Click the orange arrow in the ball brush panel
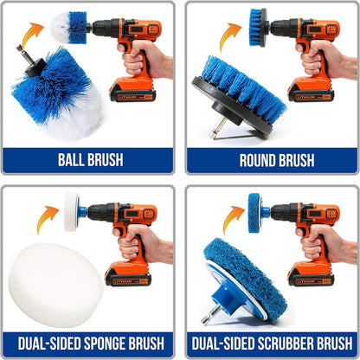point(34,35)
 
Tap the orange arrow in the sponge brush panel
point(47,218)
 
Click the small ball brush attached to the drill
point(79,24)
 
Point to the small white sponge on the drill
point(72,207)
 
